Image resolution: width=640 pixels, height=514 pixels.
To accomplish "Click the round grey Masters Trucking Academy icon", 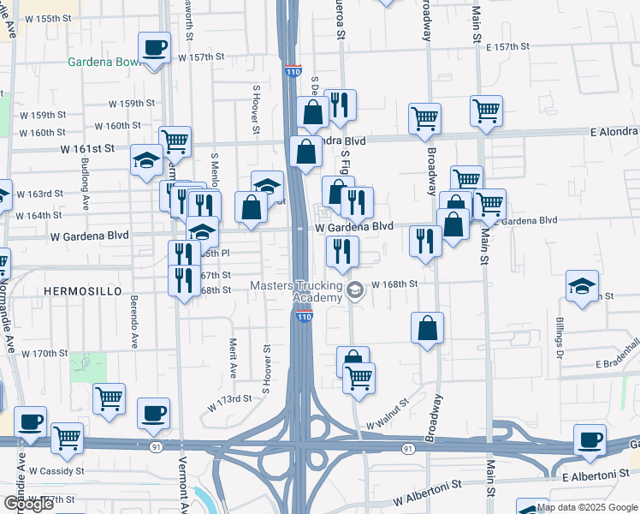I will [354, 291].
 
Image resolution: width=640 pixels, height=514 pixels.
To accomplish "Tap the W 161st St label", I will [87, 148].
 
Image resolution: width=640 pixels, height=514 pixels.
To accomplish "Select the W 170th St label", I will [44, 353].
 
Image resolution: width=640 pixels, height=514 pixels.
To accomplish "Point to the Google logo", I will [28, 504].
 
